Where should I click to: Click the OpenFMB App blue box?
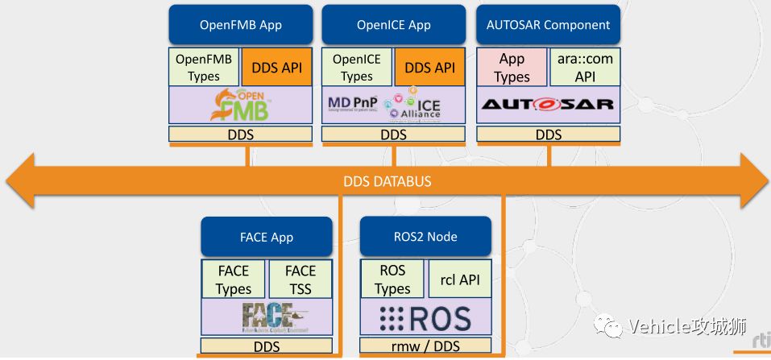[240, 24]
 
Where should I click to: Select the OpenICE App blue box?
[394, 24]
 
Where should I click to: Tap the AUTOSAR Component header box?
[549, 24]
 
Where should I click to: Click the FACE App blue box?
[266, 237]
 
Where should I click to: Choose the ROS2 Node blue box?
[425, 237]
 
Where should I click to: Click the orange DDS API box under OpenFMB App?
[276, 68]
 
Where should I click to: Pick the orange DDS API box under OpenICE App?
[429, 68]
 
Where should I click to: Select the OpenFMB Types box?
[204, 68]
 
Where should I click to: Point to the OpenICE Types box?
[357, 68]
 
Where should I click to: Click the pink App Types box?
[512, 68]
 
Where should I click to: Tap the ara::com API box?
[585, 68]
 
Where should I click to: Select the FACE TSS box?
[300, 279]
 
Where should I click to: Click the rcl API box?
[459, 279]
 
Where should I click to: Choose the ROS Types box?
[392, 279]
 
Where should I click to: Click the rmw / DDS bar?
[425, 346]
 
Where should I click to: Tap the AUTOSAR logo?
[549, 105]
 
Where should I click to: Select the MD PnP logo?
[354, 105]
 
